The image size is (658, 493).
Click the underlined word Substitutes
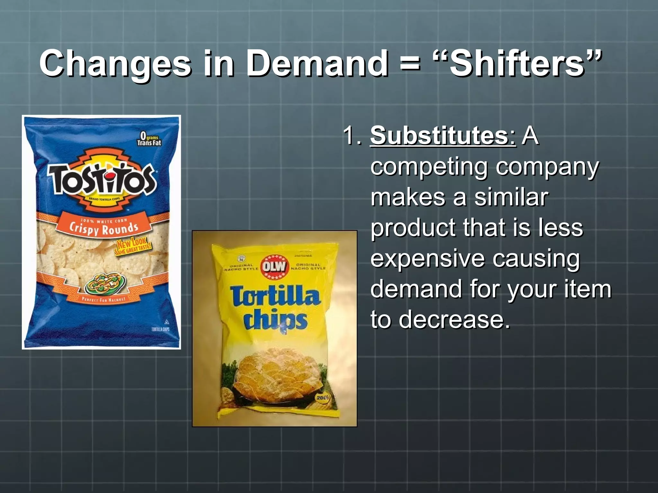point(443,135)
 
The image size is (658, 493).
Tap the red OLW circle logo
point(274,266)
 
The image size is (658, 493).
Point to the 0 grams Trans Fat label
point(149,139)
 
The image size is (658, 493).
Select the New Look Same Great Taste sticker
point(132,246)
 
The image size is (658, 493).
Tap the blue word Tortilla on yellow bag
point(275,296)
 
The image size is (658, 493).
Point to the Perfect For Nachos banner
point(103,299)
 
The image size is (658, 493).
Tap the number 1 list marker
point(352,135)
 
